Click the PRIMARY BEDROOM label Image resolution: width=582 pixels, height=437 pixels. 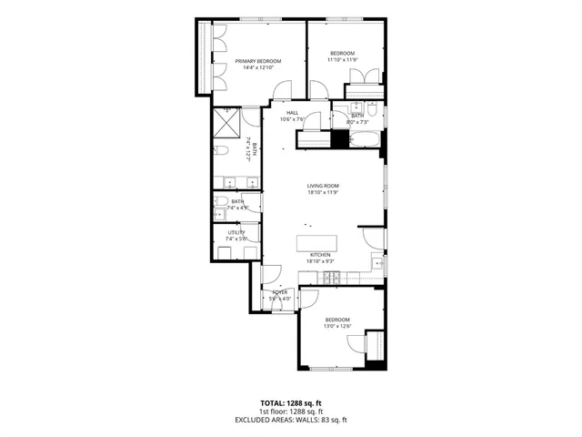coord(258,61)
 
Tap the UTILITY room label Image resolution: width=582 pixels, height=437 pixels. coord(236,232)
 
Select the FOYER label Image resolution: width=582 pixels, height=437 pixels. coord(279,292)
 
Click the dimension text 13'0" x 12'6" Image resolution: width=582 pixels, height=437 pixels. coord(337,327)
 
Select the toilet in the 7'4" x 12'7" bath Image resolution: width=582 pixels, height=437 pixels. coord(222,151)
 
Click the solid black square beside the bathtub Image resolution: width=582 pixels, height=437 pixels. coord(340,139)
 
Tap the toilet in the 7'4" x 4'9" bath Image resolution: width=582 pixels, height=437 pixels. coord(221,201)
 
